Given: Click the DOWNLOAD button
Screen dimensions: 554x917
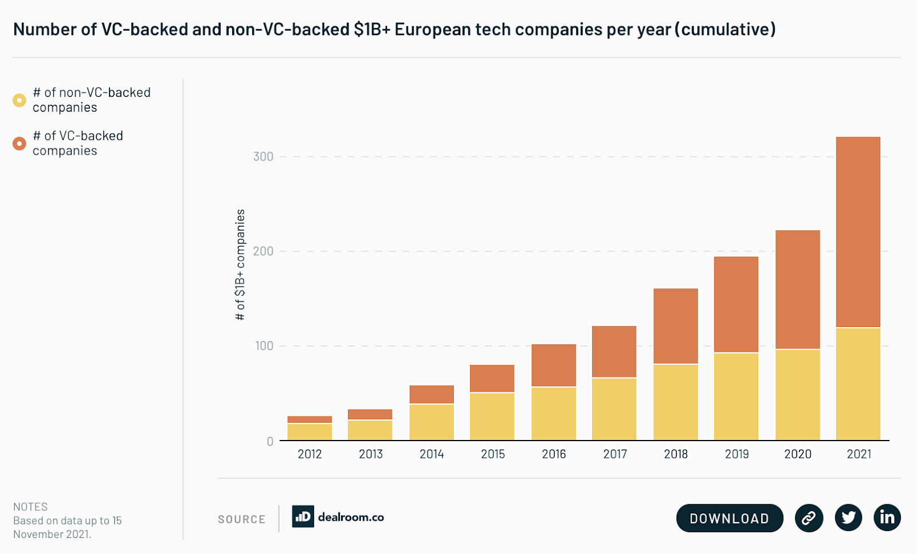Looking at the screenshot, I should coord(729,518).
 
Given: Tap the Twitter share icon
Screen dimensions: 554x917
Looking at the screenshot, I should coord(848,518).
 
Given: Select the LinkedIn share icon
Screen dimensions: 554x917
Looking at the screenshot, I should coord(887,517).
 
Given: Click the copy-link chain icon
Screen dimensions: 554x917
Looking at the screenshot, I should coord(809,518).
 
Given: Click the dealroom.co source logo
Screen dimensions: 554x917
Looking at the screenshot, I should coord(338,517).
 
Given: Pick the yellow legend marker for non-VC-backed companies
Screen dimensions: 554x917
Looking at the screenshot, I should coord(19,100).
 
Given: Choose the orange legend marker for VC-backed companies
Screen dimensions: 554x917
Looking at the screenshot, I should coord(19,143).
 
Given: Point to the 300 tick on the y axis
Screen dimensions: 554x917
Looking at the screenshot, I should coord(263,156).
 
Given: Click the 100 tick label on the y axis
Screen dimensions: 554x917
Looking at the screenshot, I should coord(264,346).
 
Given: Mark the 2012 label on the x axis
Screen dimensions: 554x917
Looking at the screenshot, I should coord(309,454).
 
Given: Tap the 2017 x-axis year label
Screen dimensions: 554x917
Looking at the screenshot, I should coord(614,454).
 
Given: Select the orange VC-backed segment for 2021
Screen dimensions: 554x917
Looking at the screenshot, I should coord(858,232).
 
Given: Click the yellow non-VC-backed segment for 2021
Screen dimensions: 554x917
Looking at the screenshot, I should coord(858,384).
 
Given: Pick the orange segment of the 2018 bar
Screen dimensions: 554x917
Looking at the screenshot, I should coord(676,326).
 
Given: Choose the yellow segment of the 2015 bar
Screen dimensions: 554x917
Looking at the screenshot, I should coord(492,417).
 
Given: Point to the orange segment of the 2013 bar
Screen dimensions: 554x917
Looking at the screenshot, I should coord(370,414).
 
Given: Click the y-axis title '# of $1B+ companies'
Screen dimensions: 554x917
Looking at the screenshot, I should coord(240,264).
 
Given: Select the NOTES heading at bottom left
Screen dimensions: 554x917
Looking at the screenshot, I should coord(30,507).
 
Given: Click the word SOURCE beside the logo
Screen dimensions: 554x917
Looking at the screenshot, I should coord(241,520).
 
